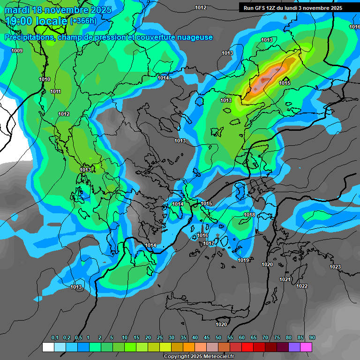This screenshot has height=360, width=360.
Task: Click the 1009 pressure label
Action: pyautogui.click(x=17, y=51)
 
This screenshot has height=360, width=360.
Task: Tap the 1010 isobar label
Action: pyautogui.click(x=45, y=80)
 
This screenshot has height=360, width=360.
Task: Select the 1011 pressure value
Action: pyautogui.click(x=55, y=91)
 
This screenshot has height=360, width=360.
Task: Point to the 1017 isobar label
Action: pyautogui.click(x=209, y=243)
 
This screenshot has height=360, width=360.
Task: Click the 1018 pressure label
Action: pyautogui.click(x=249, y=215)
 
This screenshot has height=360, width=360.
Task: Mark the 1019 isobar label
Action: pyautogui.click(x=243, y=260)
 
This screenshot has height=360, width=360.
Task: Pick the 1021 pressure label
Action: pyautogui.click(x=285, y=279)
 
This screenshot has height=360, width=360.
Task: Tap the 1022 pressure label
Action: pyautogui.click(x=302, y=286)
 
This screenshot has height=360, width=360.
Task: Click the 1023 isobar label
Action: pyautogui.click(x=335, y=267)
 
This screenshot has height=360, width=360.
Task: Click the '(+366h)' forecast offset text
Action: pyautogui.click(x=83, y=21)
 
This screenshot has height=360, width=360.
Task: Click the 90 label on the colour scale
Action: pyautogui.click(x=312, y=338)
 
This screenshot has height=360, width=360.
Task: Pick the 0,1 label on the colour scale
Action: pyautogui.click(x=55, y=338)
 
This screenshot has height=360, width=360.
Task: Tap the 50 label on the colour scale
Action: pyautogui.click(x=218, y=338)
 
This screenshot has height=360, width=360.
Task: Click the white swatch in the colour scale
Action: pyautogui.click(x=48, y=347)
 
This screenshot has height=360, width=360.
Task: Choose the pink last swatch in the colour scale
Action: pyautogui.click(x=306, y=347)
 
